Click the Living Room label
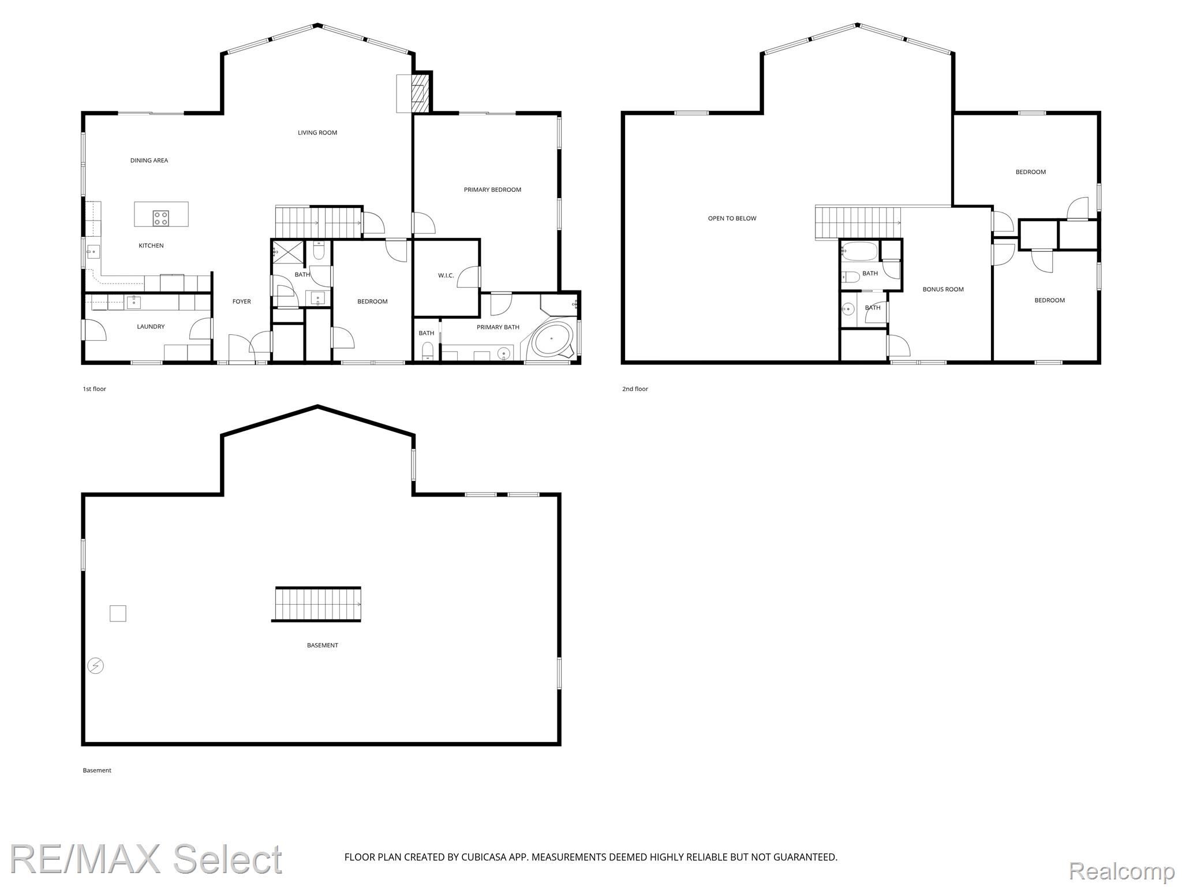(317, 133)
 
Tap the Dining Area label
(149, 161)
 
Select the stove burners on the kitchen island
(161, 218)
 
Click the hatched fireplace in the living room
(420, 93)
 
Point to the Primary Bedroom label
(492, 189)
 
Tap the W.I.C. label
(446, 275)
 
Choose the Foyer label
(242, 301)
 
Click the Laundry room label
(151, 327)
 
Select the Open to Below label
(732, 218)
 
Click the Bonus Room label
(943, 289)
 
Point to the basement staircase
(317, 604)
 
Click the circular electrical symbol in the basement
(95, 666)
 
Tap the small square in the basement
(118, 613)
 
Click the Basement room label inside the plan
(323, 646)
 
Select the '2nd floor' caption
(635, 389)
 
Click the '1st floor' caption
(95, 389)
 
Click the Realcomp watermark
(1121, 870)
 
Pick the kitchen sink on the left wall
(93, 252)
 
